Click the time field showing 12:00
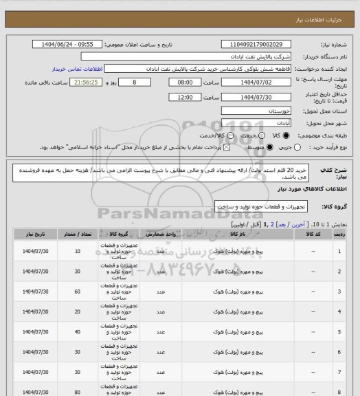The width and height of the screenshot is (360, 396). pyautogui.click(x=175, y=98)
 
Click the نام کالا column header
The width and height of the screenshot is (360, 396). pyautogui.click(x=219, y=234)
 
